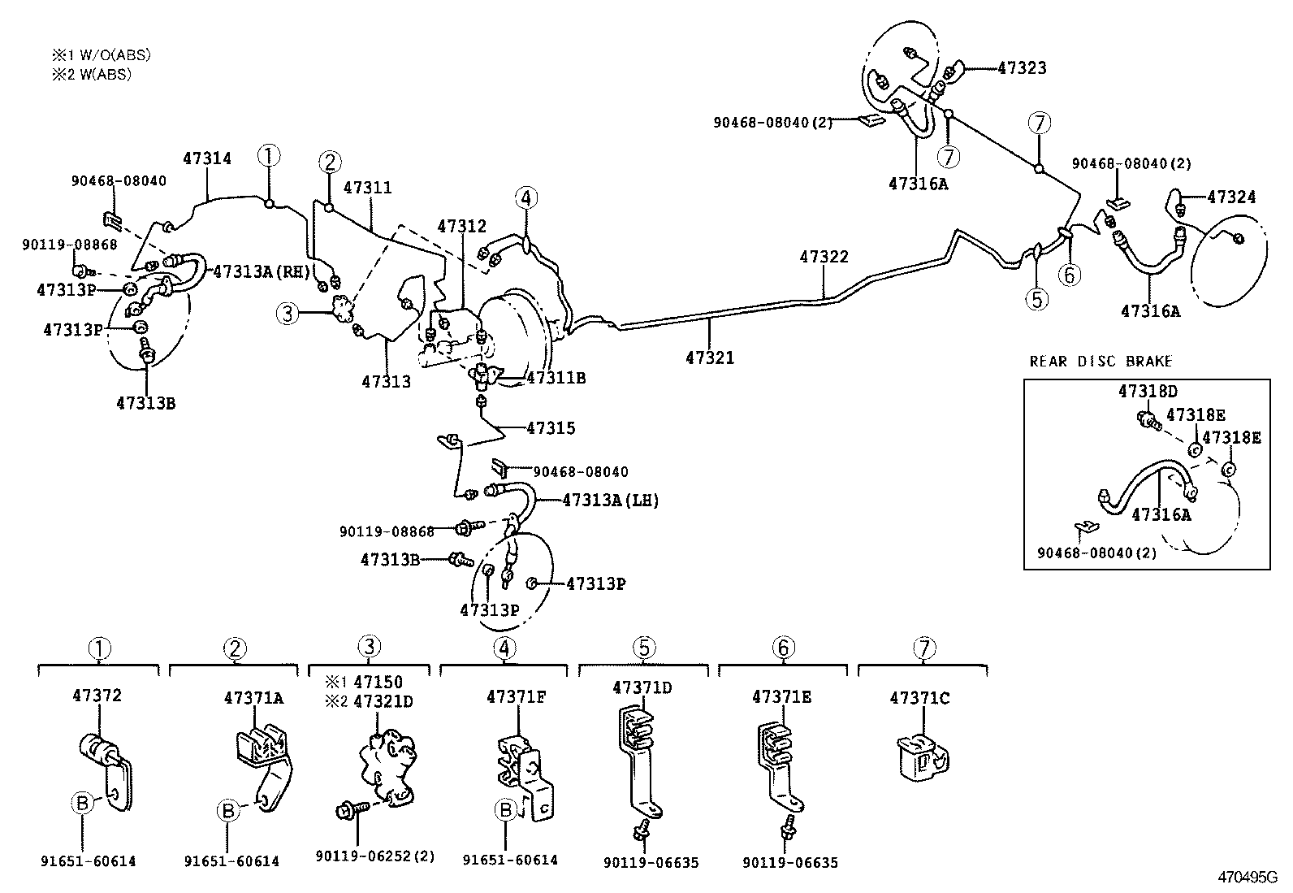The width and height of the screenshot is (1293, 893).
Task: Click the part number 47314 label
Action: [206, 158]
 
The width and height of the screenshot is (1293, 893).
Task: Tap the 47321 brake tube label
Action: [709, 357]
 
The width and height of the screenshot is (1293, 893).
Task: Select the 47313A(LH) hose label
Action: [610, 501]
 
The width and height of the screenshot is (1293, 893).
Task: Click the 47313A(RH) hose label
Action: [262, 271]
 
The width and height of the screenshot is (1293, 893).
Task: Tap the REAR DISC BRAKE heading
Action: [1101, 362]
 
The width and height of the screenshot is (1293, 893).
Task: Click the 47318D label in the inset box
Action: [1147, 391]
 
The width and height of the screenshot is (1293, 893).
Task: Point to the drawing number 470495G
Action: [1246, 878]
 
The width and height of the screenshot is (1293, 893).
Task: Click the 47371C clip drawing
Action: [922, 755]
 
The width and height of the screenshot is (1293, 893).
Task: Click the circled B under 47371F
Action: [505, 809]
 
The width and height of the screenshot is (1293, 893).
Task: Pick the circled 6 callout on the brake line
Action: [1069, 275]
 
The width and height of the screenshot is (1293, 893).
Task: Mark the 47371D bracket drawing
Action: [639, 756]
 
